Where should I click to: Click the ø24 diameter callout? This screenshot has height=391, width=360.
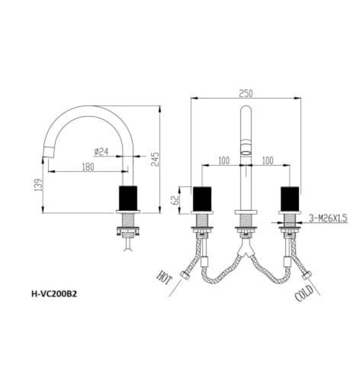point(101,151)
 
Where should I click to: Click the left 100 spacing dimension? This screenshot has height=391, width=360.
point(223,160)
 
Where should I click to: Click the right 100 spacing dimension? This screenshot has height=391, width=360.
point(267,160)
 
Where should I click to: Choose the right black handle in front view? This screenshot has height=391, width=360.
point(289,199)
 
